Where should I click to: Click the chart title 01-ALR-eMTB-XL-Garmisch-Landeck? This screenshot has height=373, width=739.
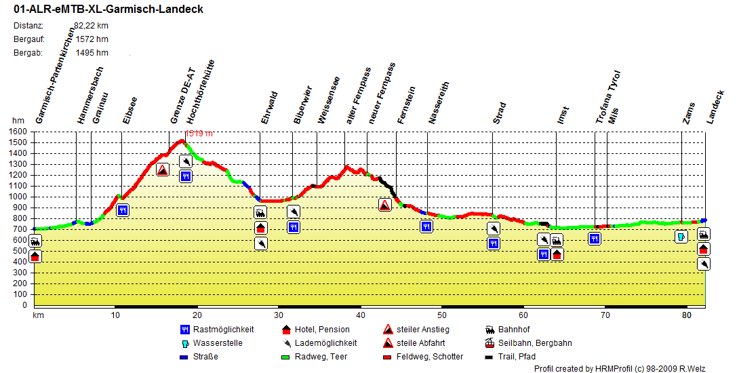click(x=108, y=9)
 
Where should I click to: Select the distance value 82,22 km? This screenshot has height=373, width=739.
click(x=91, y=26)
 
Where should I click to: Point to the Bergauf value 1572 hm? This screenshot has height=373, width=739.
click(x=92, y=39)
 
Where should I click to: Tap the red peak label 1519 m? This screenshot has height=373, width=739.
click(x=199, y=134)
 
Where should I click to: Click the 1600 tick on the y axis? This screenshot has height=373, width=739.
click(x=18, y=132)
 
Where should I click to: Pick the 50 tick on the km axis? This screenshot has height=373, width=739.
click(x=441, y=315)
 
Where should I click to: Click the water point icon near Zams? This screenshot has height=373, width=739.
click(x=681, y=237)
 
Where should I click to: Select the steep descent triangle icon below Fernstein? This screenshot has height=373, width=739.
click(x=384, y=204)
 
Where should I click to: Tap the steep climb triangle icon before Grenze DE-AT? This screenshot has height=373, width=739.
click(x=162, y=170)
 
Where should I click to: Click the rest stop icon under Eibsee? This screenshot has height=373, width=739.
click(x=123, y=210)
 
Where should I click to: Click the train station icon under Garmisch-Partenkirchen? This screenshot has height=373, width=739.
click(x=35, y=241)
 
